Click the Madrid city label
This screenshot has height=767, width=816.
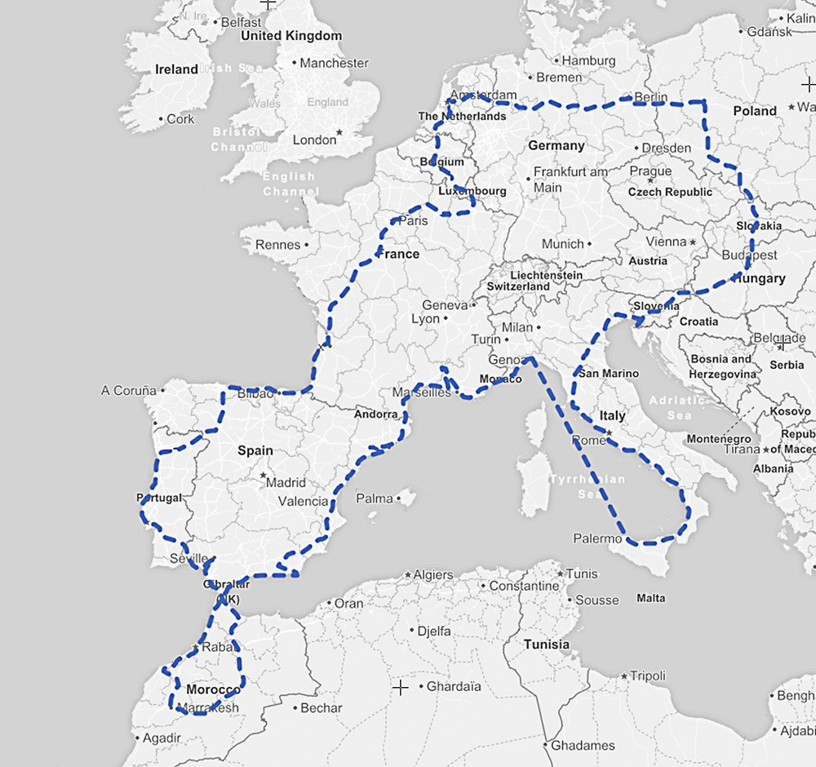click(x=286, y=482)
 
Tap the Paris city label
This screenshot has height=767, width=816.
click(x=414, y=220)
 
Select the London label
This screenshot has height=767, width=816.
click(x=314, y=140)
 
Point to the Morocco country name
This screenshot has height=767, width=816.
click(x=213, y=689)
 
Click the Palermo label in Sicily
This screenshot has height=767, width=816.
click(x=597, y=539)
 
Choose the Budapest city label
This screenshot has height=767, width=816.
click(x=749, y=255)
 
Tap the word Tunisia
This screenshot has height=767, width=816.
click(x=547, y=645)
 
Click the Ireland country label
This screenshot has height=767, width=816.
click(x=176, y=69)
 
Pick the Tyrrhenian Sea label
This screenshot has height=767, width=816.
click(x=588, y=486)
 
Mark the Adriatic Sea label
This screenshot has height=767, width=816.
click(x=676, y=408)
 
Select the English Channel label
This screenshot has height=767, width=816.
click(x=289, y=184)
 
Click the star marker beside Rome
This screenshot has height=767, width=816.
click(x=608, y=433)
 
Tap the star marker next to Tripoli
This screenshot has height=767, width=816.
click(x=624, y=676)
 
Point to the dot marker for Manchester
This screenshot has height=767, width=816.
click(x=294, y=63)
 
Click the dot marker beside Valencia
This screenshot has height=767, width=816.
click(x=335, y=502)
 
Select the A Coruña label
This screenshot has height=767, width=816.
click(x=128, y=391)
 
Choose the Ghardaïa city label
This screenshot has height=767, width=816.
click(x=454, y=686)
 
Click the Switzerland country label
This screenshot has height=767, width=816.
click(x=518, y=287)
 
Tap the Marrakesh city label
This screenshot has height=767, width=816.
click(x=207, y=707)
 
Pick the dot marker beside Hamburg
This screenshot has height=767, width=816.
click(x=556, y=60)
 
